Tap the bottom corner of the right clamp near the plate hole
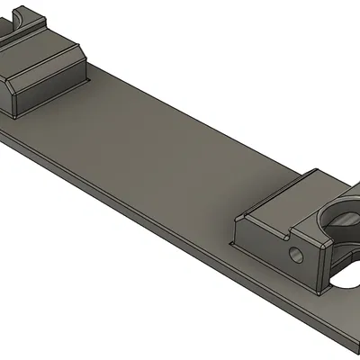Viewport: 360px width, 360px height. [x=320, y=288]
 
